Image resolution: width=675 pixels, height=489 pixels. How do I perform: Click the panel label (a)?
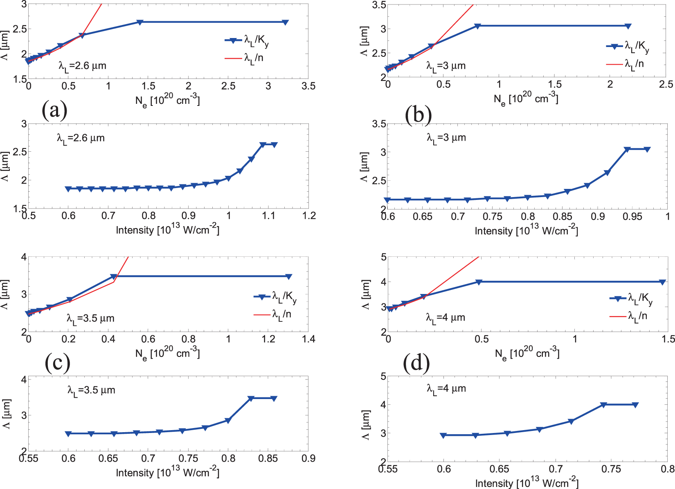[54, 110]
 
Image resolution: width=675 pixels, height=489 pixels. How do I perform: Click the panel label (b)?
[418, 115]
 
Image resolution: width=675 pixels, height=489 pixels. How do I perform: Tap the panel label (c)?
[58, 363]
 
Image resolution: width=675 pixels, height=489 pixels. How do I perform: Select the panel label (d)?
[416, 363]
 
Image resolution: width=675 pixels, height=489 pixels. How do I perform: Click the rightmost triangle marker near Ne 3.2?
[285, 22]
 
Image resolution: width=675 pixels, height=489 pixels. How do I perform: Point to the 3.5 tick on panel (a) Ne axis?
[308, 86]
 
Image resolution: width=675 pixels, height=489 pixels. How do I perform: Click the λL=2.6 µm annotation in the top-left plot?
[82, 66]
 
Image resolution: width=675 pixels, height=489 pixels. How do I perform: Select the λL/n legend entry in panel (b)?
[634, 64]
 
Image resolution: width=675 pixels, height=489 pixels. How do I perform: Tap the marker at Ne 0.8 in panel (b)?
[477, 26]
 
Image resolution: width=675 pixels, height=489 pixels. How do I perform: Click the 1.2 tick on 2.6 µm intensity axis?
[309, 216]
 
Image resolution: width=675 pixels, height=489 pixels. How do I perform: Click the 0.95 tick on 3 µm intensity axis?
[632, 216]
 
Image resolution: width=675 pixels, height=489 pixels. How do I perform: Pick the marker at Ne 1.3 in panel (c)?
[288, 277]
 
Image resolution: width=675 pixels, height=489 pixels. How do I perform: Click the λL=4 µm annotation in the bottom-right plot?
[446, 389]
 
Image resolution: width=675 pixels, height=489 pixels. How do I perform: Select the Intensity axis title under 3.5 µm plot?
[167, 473]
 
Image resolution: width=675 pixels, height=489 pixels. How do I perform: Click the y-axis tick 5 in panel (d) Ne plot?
[383, 257]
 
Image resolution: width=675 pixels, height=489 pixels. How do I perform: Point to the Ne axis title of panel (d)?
[527, 353]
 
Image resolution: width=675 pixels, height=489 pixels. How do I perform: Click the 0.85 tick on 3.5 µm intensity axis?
[268, 459]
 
